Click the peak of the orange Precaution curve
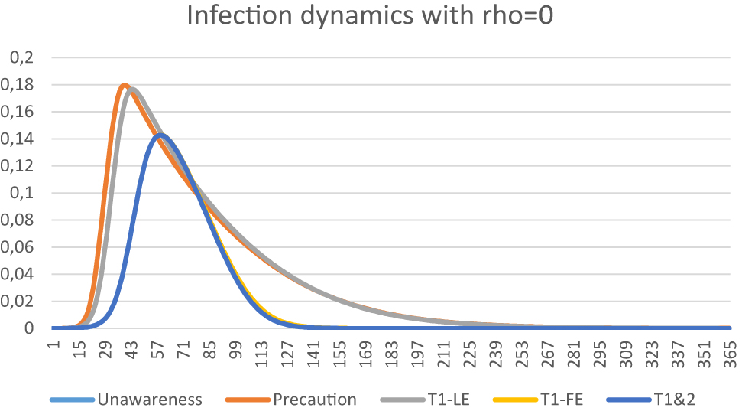[125, 85]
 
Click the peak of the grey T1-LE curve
[133, 90]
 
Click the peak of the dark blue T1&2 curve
[160, 135]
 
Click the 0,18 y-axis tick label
[21, 85]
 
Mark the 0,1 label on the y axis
[24, 193]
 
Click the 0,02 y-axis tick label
[21, 302]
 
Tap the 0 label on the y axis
[31, 328]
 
